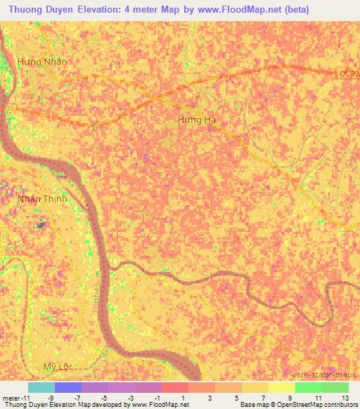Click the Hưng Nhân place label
(42, 62)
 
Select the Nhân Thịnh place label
(42, 200)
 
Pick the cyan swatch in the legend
(41, 387)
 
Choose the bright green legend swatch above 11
(309, 387)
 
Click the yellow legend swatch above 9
(282, 387)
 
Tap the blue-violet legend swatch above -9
(68, 387)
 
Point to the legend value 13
(345, 397)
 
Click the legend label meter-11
(16, 397)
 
